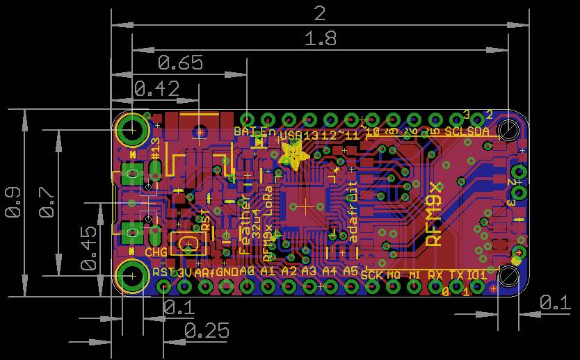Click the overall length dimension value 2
click(319, 13)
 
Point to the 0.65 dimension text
click(180, 63)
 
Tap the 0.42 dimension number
click(156, 89)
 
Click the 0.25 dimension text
click(207, 331)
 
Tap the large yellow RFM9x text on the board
click(434, 213)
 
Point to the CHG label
click(156, 252)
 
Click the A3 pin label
click(309, 271)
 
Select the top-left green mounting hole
click(131, 129)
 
